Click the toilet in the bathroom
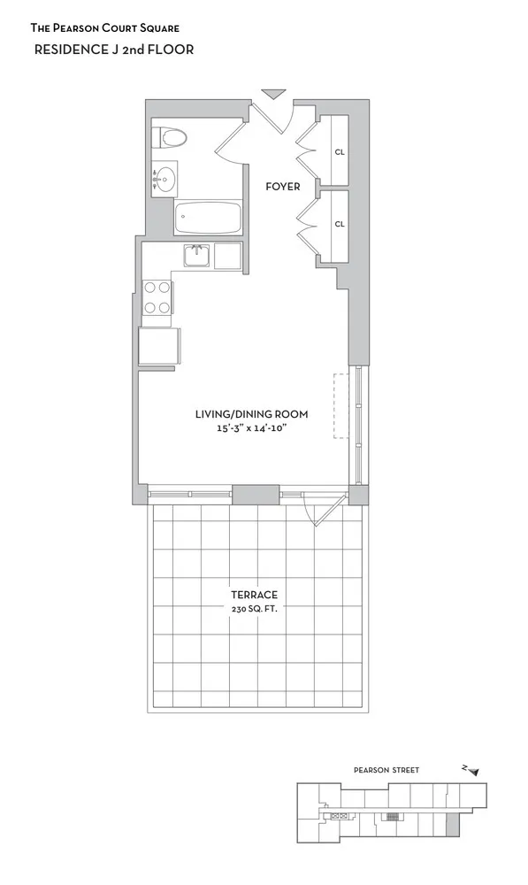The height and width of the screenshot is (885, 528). pyautogui.click(x=171, y=137)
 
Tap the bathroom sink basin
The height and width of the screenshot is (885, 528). pyautogui.click(x=165, y=179)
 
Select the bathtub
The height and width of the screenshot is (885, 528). pyautogui.click(x=208, y=217)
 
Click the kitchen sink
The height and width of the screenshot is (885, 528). pyautogui.click(x=196, y=256)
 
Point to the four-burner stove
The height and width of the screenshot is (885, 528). pyautogui.click(x=157, y=297)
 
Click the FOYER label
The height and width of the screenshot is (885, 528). pyautogui.click(x=283, y=187)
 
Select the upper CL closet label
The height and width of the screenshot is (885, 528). pyautogui.click(x=339, y=151)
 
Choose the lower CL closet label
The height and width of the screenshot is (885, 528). pyautogui.click(x=339, y=224)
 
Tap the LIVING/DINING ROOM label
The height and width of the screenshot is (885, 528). pyautogui.click(x=251, y=414)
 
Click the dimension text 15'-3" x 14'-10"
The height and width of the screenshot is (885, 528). pyautogui.click(x=252, y=427)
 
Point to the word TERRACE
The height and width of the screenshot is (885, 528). pyautogui.click(x=255, y=595)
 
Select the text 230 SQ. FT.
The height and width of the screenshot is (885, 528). pyautogui.click(x=255, y=609)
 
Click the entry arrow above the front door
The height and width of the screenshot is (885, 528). pyautogui.click(x=274, y=94)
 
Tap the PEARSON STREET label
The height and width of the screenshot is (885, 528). pyautogui.click(x=386, y=770)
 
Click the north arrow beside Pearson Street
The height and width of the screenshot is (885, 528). pyautogui.click(x=470, y=770)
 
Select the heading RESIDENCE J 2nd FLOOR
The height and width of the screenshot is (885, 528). pyautogui.click(x=113, y=50)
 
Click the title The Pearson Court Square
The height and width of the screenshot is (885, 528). pyautogui.click(x=104, y=28)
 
